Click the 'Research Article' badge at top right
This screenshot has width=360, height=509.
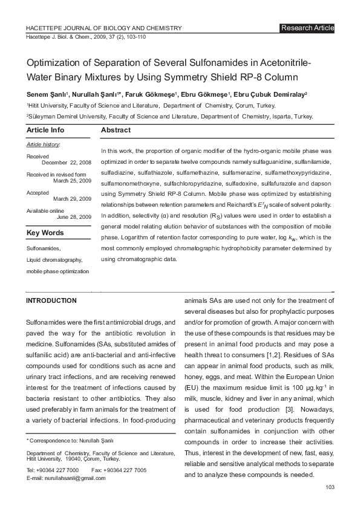point(307,28)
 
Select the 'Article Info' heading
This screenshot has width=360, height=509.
point(45,130)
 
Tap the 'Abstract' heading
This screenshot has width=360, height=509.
point(116,130)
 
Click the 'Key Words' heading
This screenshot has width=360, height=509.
point(45,233)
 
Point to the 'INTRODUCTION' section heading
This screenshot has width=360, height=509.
point(51,300)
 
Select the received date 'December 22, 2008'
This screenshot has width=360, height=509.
point(67,163)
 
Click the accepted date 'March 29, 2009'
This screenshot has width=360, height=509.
point(72,198)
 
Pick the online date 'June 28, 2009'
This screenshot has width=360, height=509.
point(74,216)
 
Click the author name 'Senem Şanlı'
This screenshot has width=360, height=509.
point(46,95)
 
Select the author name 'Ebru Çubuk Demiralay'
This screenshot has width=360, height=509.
point(270,95)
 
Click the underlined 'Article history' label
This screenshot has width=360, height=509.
point(43,145)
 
